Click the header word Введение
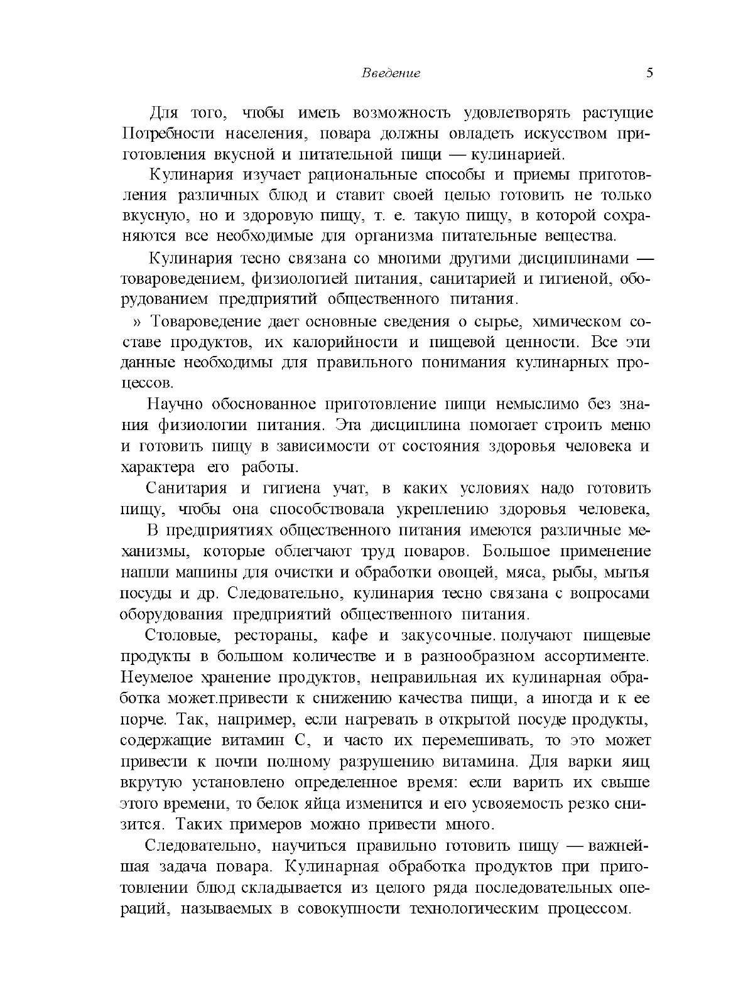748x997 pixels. (x=391, y=73)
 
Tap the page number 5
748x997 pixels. (x=649, y=73)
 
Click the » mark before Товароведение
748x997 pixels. (x=138, y=322)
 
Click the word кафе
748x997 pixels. (x=347, y=635)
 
